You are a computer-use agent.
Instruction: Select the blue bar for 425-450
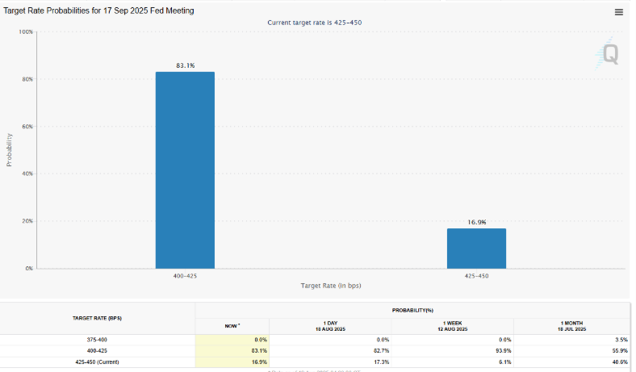[476, 248]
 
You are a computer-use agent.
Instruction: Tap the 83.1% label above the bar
[185, 65]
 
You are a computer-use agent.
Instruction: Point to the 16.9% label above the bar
[476, 221]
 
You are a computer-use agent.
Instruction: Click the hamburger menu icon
[618, 12]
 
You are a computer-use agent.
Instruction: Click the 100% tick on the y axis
[26, 32]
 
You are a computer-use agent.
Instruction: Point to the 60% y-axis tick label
[27, 127]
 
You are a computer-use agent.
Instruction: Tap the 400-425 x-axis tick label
[185, 276]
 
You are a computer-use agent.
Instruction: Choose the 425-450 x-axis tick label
[476, 276]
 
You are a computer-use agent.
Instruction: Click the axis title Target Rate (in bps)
[330, 286]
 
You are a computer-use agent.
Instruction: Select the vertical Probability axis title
[10, 149]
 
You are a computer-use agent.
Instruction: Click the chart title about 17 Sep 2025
[99, 10]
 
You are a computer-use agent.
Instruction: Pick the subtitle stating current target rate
[314, 23]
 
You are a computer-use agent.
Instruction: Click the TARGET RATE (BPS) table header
[98, 319]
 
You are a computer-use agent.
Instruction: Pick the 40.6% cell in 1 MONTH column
[618, 362]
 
